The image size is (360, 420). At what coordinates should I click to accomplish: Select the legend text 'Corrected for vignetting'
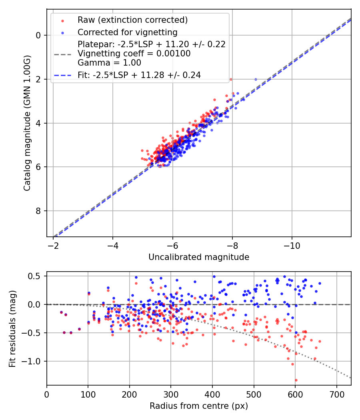[x=127, y=32]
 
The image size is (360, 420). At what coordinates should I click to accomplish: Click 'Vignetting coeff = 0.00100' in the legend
[x=134, y=54]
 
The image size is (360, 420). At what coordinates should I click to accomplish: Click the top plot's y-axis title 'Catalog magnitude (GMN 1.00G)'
[x=27, y=122]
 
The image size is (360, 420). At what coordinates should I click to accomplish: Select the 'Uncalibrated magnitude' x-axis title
[x=199, y=257]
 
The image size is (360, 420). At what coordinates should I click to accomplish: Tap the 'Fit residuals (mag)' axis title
[x=12, y=328]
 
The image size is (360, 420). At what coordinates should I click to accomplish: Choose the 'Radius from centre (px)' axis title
[x=199, y=406]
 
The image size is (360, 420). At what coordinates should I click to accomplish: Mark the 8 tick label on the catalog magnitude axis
[x=39, y=211]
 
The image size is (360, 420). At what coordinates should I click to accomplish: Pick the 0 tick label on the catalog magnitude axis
[x=39, y=35]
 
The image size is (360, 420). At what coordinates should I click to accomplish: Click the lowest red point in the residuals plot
[x=296, y=380]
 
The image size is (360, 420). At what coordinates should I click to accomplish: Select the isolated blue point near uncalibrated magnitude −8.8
[x=256, y=79]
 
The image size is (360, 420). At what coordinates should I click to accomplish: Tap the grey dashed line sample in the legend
[x=62, y=54]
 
